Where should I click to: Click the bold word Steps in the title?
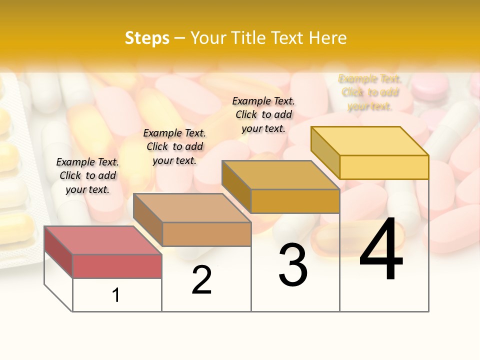147,38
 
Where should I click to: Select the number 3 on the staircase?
293,265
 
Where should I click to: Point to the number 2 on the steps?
202,280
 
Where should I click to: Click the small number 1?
116,295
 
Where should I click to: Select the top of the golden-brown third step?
280,175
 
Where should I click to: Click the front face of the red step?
117,266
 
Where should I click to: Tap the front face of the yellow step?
384,167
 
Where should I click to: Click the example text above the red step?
87,176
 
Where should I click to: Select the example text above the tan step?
174,146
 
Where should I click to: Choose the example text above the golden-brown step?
263,114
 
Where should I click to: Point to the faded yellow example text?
370,92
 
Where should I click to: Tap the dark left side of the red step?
58,251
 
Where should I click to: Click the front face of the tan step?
206,234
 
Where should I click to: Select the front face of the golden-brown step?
295,201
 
